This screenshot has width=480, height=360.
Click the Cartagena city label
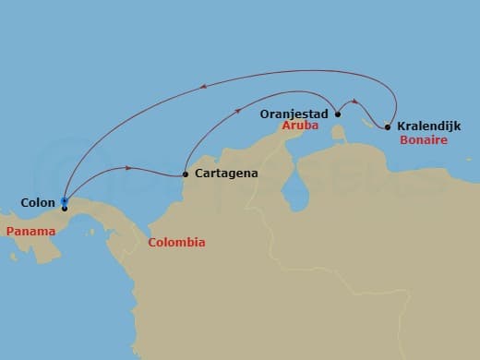click(x=226, y=173)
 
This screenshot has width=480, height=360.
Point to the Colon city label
click(x=38, y=200)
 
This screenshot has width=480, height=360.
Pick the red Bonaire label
click(x=424, y=140)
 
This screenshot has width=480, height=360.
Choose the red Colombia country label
click(x=176, y=243)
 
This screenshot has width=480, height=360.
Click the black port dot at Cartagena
click(x=186, y=174)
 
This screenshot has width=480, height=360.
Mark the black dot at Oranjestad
click(x=338, y=114)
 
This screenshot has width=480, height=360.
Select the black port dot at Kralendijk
click(x=388, y=126)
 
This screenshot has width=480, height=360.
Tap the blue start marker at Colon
click(x=64, y=200)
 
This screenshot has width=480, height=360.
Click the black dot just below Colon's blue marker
click(x=64, y=209)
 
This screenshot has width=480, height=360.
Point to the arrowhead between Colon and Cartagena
click(x=126, y=168)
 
